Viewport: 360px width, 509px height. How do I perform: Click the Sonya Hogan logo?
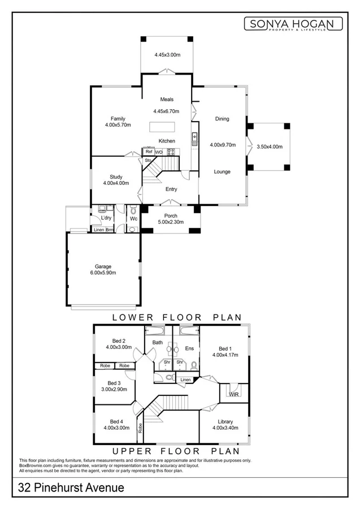point(293,24)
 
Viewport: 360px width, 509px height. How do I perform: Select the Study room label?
point(116,177)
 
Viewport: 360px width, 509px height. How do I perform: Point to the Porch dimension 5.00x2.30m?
point(171,223)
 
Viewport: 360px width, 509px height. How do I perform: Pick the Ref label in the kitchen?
point(149,152)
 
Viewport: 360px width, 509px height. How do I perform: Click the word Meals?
point(167,100)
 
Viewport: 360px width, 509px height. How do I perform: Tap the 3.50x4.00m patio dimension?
point(269,146)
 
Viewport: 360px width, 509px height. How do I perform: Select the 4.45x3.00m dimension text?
point(167,55)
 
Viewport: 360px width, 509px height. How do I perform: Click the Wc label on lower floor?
point(133,218)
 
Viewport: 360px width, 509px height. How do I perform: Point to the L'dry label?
point(106,218)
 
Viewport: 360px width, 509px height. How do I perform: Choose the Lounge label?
point(222,171)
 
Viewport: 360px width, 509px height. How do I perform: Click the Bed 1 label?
point(225,348)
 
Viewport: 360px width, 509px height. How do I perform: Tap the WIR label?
point(234,394)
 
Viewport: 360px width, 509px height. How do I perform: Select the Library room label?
point(225,421)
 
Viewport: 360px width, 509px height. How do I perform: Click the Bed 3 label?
point(115,383)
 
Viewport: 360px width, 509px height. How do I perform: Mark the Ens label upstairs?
point(189,348)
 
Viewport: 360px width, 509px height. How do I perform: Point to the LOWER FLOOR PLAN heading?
point(177,317)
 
